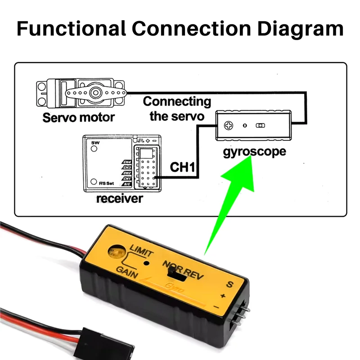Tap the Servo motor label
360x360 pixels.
(78, 118)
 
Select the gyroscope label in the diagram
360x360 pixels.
(254, 151)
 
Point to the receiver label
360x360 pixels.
(119, 198)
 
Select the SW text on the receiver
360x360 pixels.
(94, 143)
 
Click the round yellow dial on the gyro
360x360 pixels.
(116, 251)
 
